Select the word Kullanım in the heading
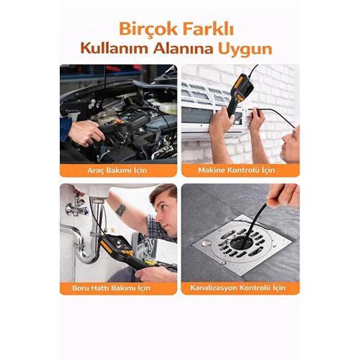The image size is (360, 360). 114,48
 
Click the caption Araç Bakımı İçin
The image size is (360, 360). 117,170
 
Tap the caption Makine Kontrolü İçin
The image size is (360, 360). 236,170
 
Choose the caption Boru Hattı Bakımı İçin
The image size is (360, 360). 111,287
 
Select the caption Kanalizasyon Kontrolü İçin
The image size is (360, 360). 238,287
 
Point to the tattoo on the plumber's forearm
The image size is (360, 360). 121,210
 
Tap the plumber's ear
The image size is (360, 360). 158,215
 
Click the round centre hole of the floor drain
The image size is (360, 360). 241,243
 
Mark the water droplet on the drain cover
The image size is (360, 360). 207,244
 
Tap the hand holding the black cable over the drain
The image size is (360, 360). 284,195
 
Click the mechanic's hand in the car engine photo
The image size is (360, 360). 86,133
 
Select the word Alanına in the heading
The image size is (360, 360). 184,48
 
